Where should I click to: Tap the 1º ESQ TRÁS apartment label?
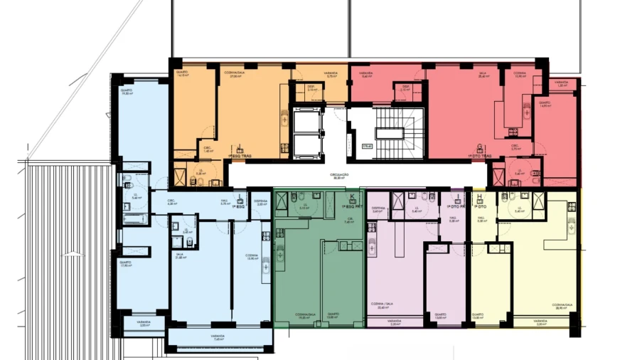click(x=241, y=154)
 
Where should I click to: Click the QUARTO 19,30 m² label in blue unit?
click(x=127, y=92)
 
